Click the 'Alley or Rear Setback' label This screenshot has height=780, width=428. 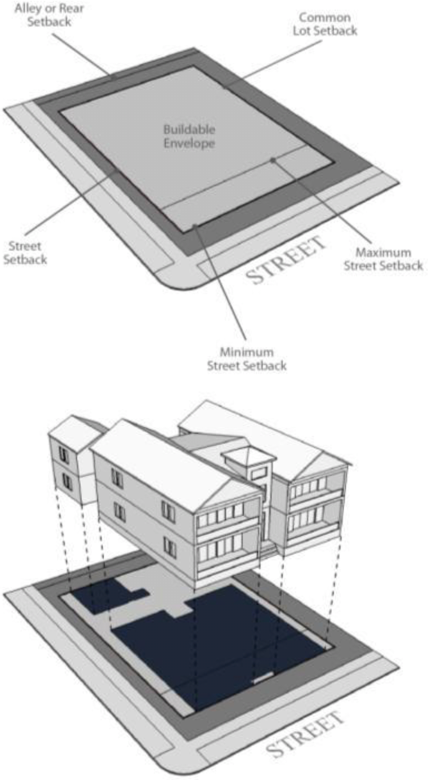(x=49, y=15)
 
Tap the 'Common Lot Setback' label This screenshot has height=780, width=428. (x=325, y=24)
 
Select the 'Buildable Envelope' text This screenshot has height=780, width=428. (x=189, y=136)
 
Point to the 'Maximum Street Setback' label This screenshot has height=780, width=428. (x=383, y=259)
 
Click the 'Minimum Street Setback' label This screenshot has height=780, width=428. (x=247, y=359)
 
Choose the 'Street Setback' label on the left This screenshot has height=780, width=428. (x=25, y=253)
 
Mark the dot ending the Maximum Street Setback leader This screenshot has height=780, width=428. (x=273, y=160)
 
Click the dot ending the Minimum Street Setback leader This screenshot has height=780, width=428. (x=194, y=226)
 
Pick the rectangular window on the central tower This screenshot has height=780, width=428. (x=260, y=473)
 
